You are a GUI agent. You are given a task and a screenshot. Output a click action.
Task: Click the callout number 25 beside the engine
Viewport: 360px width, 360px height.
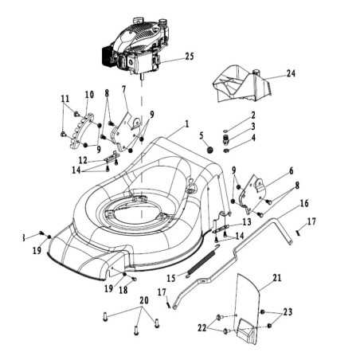pyautogui.click(x=190, y=57)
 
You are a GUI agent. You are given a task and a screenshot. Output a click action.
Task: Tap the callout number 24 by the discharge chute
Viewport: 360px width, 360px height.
pyautogui.click(x=291, y=73)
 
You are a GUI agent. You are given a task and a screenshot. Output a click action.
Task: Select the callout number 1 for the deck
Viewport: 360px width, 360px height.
pyautogui.click(x=187, y=124)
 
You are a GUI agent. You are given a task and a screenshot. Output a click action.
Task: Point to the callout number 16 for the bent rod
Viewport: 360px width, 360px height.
pyautogui.click(x=304, y=203)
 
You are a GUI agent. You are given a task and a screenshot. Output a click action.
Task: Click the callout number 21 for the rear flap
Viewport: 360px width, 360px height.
pyautogui.click(x=276, y=278)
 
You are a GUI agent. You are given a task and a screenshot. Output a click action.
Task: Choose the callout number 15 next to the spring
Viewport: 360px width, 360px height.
pyautogui.click(x=171, y=278)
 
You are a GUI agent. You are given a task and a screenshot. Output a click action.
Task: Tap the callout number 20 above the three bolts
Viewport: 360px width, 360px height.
pyautogui.click(x=144, y=300)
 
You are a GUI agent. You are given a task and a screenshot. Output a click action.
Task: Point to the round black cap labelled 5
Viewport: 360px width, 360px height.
pyautogui.click(x=211, y=150)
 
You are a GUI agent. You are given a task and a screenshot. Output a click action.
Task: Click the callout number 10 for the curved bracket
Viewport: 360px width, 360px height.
pyautogui.click(x=89, y=95)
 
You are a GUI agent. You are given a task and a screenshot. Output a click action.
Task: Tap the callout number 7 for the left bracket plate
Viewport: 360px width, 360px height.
pyautogui.click(x=123, y=89)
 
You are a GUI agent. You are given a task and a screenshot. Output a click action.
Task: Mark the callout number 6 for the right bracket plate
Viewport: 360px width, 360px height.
pyautogui.click(x=291, y=171)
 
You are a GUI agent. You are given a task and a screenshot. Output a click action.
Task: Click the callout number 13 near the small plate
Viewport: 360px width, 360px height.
pyautogui.click(x=247, y=221)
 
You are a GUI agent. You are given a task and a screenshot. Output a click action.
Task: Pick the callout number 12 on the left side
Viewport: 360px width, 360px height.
pyautogui.click(x=83, y=160)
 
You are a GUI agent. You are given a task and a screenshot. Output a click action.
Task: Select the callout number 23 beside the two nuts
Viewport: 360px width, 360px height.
pyautogui.click(x=288, y=311)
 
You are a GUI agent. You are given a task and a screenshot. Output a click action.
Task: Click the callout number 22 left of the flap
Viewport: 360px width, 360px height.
pyautogui.click(x=202, y=328)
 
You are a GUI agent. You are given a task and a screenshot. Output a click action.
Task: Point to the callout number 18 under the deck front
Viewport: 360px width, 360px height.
pyautogui.click(x=123, y=290)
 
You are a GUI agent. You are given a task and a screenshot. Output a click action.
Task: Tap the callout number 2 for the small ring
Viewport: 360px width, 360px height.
pyautogui.click(x=253, y=115)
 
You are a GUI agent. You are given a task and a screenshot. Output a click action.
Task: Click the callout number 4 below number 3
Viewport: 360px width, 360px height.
pyautogui.click(x=253, y=138)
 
